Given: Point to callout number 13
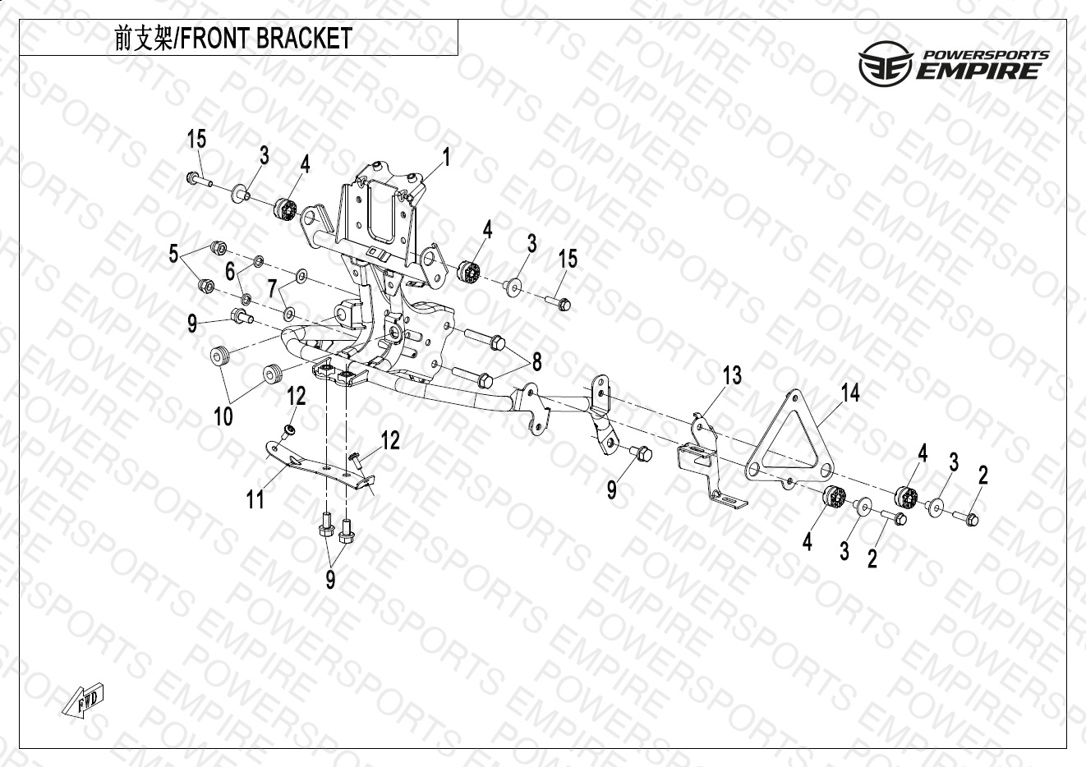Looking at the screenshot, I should [732, 375].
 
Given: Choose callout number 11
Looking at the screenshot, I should [255, 498].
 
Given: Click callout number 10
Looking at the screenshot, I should [223, 416].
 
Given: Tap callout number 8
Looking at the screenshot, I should [536, 361].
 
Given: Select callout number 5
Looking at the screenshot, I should [173, 254].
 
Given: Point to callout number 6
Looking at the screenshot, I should [230, 271].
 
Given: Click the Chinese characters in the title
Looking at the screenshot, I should [143, 39].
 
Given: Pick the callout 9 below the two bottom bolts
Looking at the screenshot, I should [330, 580].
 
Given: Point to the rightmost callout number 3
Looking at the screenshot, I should [953, 462].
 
